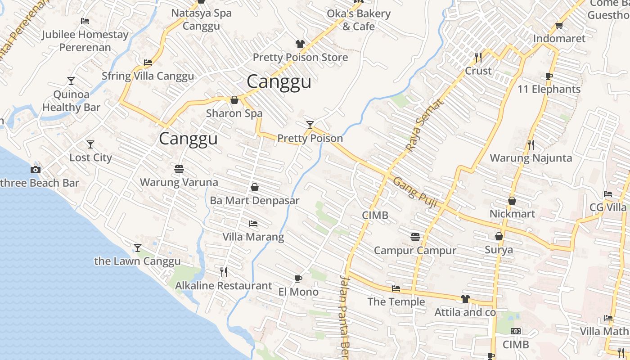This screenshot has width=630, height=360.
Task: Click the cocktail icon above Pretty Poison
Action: (310, 125)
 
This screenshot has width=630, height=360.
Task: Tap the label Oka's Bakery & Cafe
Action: (359, 20)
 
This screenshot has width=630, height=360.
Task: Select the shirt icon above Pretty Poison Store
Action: (300, 44)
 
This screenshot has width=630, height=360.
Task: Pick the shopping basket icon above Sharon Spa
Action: (234, 100)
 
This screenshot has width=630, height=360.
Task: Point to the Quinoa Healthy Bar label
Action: (71, 101)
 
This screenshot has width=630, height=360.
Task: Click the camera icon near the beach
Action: (36, 170)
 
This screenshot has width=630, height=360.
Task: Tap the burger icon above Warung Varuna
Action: (179, 169)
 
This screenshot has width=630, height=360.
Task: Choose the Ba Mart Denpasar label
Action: (255, 201)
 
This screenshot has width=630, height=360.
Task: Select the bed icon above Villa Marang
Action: (253, 223)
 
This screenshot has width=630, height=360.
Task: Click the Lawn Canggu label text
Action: (137, 261)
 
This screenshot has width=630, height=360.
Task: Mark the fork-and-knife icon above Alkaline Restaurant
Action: (223, 272)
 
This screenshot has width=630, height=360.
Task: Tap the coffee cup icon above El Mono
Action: (298, 279)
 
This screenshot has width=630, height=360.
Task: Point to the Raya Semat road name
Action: (424, 125)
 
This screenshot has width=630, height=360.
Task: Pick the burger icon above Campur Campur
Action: (415, 237)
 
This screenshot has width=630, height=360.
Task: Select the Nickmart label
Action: (512, 214)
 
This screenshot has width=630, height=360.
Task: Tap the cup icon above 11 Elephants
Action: (549, 76)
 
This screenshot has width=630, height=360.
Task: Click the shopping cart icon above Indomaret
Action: (559, 26)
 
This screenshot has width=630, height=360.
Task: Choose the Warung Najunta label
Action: (531, 158)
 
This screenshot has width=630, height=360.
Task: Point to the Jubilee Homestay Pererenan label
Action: (85, 41)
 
